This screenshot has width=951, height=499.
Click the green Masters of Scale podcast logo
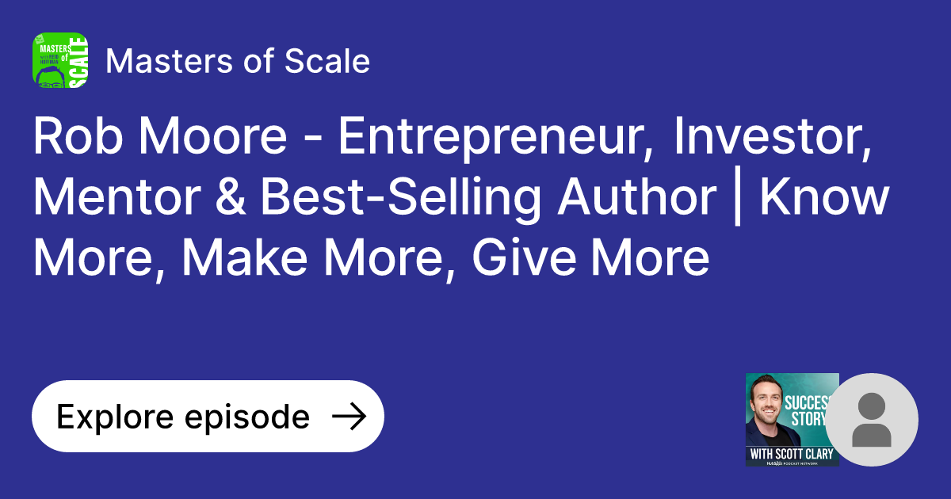pos(59,60)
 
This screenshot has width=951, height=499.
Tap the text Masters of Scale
pos(238,61)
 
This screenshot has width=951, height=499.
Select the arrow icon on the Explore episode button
pos(348,417)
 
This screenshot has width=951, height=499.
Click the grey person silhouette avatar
pos(872,420)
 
